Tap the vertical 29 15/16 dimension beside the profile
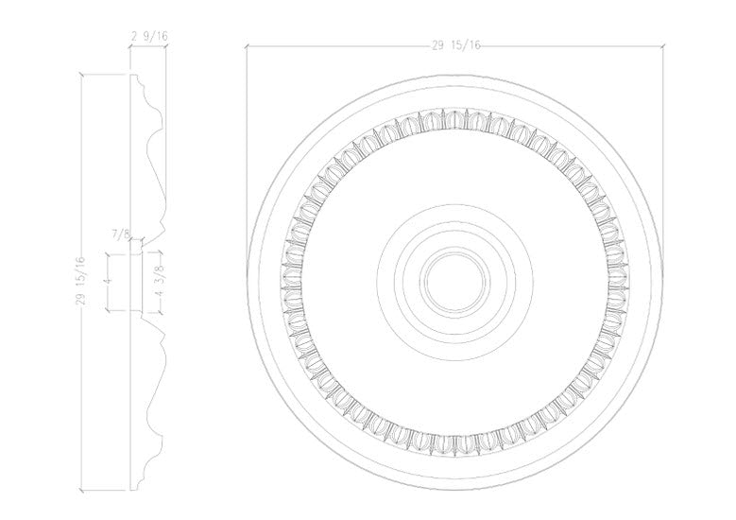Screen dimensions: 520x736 [82, 282]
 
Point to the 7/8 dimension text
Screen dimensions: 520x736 [121, 233]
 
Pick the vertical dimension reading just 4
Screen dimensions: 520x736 [109, 281]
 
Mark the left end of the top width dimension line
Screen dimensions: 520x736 [247, 45]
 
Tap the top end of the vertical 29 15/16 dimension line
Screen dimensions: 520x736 [83, 74]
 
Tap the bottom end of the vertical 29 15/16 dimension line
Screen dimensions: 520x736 [83, 491]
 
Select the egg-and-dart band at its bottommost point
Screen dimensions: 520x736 [455, 442]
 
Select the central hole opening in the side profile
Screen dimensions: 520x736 [137, 281]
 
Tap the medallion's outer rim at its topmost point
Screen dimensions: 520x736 [455, 74]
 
